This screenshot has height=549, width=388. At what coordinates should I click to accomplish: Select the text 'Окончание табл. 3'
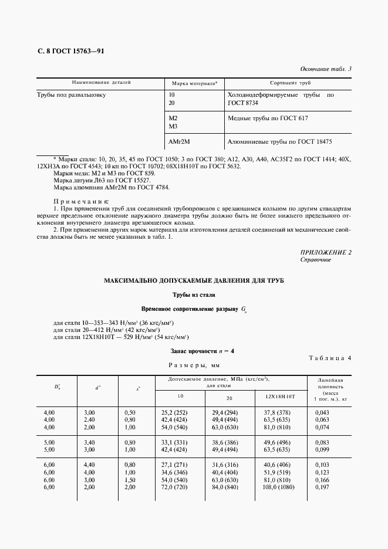coord(325,69)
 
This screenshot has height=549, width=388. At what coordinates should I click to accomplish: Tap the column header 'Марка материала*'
coord(194,84)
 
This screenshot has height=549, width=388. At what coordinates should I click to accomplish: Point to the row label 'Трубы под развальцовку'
coord(71,94)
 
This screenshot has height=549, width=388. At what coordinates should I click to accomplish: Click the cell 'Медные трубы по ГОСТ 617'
coord(267,118)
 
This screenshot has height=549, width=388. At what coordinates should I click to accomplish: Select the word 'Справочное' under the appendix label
coord(316,260)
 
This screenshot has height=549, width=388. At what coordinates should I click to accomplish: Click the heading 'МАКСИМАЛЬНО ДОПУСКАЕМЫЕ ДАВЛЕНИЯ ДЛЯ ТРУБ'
coord(194,281)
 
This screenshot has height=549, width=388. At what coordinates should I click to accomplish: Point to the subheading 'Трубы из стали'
coord(194,294)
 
